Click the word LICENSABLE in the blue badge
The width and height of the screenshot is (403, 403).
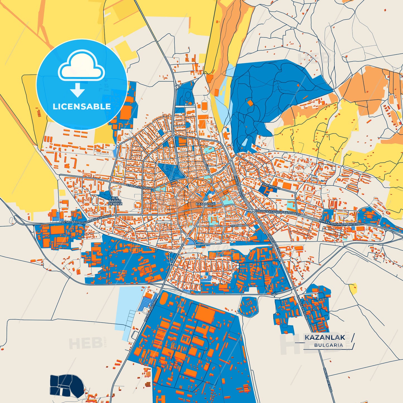pos(82,107)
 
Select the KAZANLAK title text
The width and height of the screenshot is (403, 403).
pos(325,337)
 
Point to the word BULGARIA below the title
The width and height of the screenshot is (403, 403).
pos(329,345)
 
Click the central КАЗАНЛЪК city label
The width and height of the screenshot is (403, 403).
pos(206,204)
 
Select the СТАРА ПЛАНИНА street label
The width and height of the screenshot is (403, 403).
pos(139,187)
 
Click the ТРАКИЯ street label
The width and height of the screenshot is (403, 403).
pos(236,225)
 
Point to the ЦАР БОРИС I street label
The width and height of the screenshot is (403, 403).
pos(271,186)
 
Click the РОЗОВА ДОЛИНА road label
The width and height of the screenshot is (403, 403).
pos(151,308)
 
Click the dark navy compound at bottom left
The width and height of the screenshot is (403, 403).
pos(67,384)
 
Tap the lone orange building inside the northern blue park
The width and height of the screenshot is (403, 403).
pos(250,103)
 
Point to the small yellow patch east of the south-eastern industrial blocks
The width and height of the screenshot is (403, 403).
pos(353,289)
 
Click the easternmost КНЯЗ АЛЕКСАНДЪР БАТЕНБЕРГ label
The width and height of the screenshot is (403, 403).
pos(342,222)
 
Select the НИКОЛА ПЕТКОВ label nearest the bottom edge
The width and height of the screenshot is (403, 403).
pos(327,381)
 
